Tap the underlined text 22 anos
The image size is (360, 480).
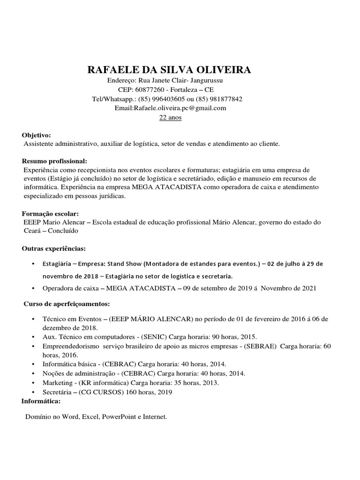point(170,118)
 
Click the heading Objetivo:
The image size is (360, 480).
point(37,135)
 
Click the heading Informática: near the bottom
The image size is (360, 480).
point(41,401)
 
